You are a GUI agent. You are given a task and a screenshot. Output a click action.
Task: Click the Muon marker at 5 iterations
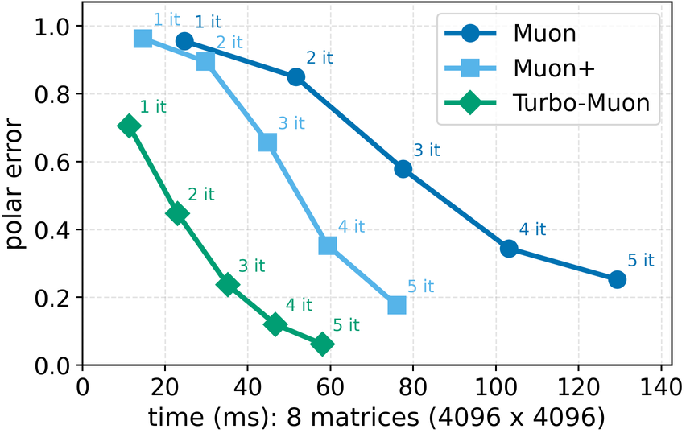click(618, 279)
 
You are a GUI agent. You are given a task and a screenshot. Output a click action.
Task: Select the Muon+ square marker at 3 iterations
click(267, 142)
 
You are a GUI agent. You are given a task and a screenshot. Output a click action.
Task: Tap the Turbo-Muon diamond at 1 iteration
click(129, 126)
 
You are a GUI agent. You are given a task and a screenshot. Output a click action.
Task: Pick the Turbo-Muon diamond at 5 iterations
click(323, 344)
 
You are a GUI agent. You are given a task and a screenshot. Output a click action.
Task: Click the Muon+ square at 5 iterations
click(397, 305)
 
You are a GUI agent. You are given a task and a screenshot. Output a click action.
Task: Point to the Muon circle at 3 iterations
click(403, 169)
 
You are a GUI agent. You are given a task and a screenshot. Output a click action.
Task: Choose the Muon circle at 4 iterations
click(508, 249)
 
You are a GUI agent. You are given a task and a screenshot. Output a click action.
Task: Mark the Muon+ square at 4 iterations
click(328, 245)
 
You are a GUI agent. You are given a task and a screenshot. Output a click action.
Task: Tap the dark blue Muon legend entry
click(523, 34)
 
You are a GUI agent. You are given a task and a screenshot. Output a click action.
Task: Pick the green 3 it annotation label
click(251, 265)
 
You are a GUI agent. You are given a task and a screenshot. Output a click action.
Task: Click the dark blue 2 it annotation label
click(319, 58)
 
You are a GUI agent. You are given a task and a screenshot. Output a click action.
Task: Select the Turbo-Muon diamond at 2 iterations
click(177, 213)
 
